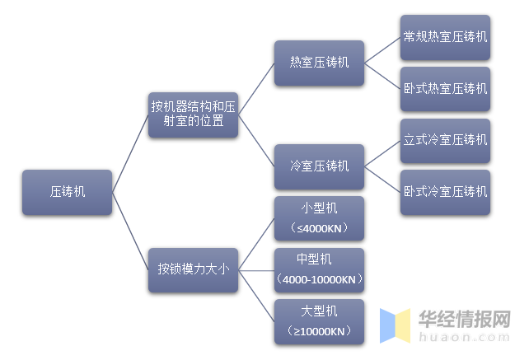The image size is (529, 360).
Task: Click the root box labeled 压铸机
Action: tap(67, 193)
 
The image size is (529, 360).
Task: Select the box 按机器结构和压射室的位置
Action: tap(193, 115)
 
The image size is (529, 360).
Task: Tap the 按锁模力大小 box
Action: tap(193, 269)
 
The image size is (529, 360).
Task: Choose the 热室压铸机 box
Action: tap(319, 63)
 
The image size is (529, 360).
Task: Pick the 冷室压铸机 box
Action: tap(319, 166)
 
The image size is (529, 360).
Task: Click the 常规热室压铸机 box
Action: tap(445, 37)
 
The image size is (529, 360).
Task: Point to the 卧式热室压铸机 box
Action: tap(445, 88)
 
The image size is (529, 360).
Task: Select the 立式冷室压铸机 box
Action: tap(445, 141)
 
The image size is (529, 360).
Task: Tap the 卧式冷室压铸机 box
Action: tap(445, 192)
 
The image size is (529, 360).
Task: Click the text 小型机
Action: tap(319, 208)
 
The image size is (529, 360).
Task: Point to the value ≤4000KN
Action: tap(319, 228)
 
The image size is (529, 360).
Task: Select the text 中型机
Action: tap(319, 259)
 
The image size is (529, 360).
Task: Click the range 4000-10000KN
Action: tap(319, 280)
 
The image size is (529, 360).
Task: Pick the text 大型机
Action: tap(319, 311)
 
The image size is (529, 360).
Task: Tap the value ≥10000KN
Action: tap(319, 332)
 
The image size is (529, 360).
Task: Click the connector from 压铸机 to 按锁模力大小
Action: tap(129, 231)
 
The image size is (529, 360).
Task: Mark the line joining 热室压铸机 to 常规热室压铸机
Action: tap(383, 50)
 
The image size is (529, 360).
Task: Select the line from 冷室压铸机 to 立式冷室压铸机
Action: tap(383, 154)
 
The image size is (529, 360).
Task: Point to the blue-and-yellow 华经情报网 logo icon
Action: tap(395, 325)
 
